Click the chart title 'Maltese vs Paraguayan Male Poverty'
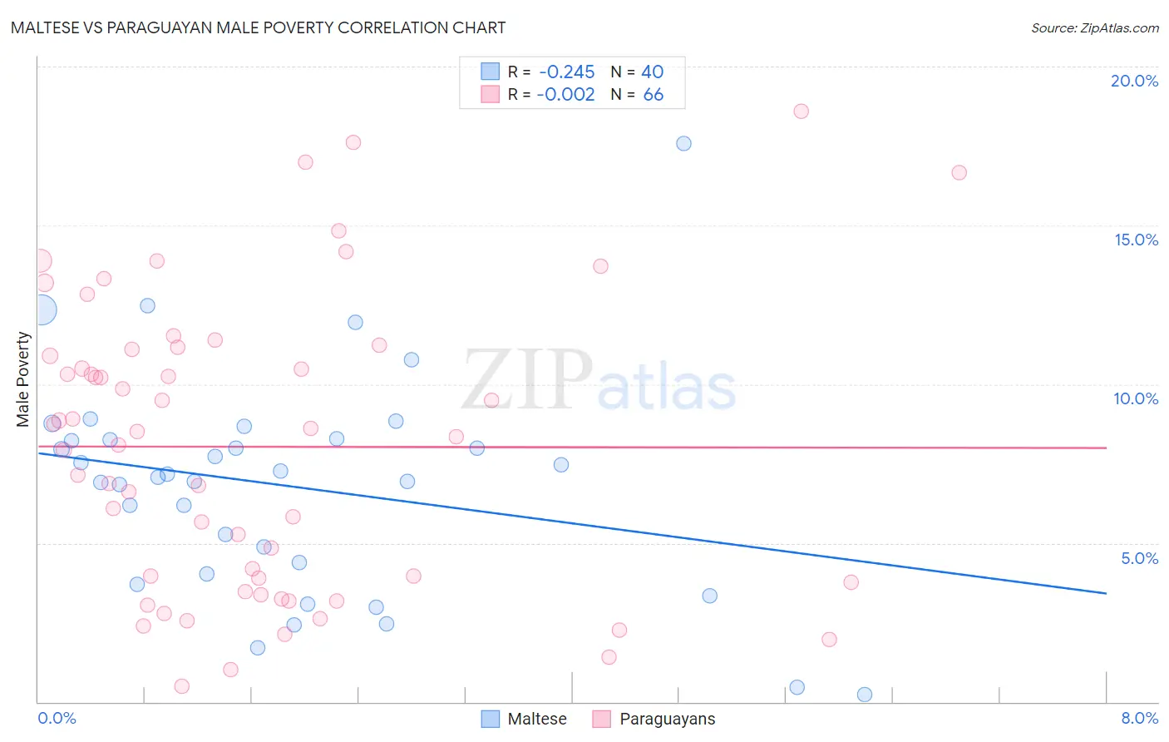tap(258, 27)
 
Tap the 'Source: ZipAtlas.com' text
tap(1094, 27)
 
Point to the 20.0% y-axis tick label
tap(1134, 81)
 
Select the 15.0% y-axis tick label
tap(1136, 240)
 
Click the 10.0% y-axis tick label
tap(1136, 398)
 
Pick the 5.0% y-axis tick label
tap(1139, 558)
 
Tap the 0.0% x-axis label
tap(57, 718)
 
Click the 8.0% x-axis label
tap(1139, 718)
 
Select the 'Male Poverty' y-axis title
tap(23, 379)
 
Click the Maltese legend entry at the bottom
tap(525, 719)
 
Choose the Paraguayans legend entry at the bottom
tap(654, 719)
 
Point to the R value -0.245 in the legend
tap(566, 72)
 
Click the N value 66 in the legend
tap(653, 95)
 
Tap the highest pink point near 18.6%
tap(801, 111)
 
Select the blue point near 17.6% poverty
tap(683, 143)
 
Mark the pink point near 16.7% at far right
tap(959, 173)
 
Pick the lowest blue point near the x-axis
tap(865, 695)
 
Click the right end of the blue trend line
tap(1106, 593)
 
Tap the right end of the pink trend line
tap(1106, 448)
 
